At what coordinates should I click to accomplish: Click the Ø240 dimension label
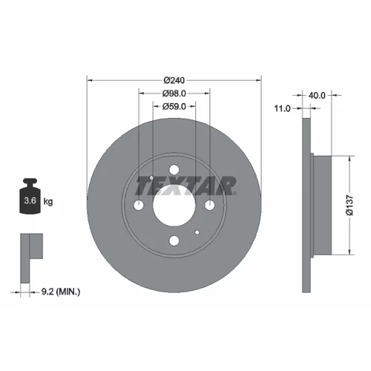[x=174, y=80]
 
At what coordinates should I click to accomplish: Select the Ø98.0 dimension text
[x=174, y=93]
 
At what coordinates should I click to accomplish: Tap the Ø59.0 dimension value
[x=174, y=107]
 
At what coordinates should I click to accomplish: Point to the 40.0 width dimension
[x=317, y=95]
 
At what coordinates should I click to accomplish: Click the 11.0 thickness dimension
[x=282, y=108]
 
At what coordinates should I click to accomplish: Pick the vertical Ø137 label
[x=349, y=205]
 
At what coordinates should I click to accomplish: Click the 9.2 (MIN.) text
[x=61, y=292]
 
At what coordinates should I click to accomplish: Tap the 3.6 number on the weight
[x=30, y=200]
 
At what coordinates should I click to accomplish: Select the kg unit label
[x=48, y=202]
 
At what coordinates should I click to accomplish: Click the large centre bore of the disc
[x=174, y=205]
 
